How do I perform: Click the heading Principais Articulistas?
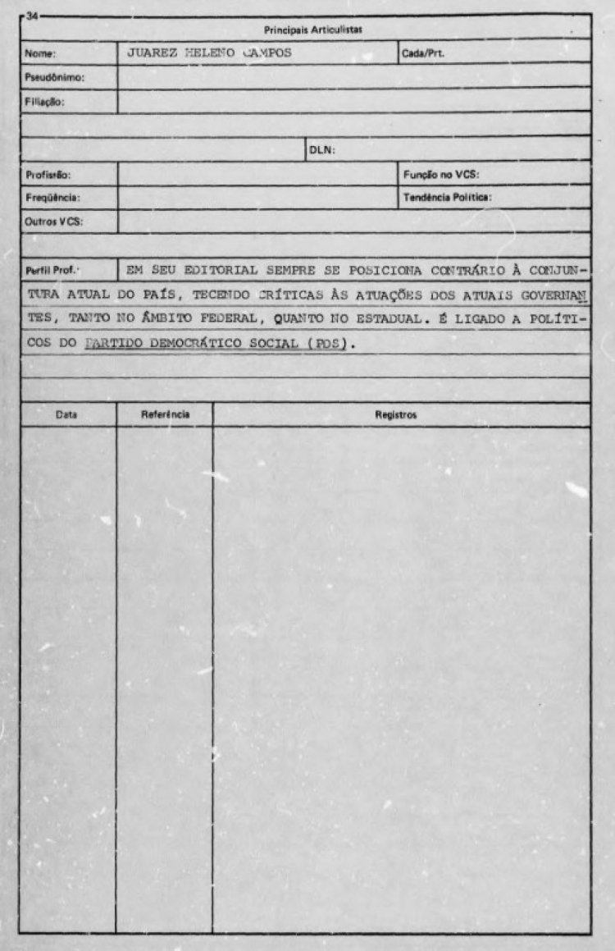[313, 30]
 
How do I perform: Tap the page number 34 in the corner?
[31, 16]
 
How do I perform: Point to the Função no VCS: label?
[441, 175]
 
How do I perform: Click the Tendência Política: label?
[447, 198]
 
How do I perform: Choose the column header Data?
[66, 415]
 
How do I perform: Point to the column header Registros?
[395, 415]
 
